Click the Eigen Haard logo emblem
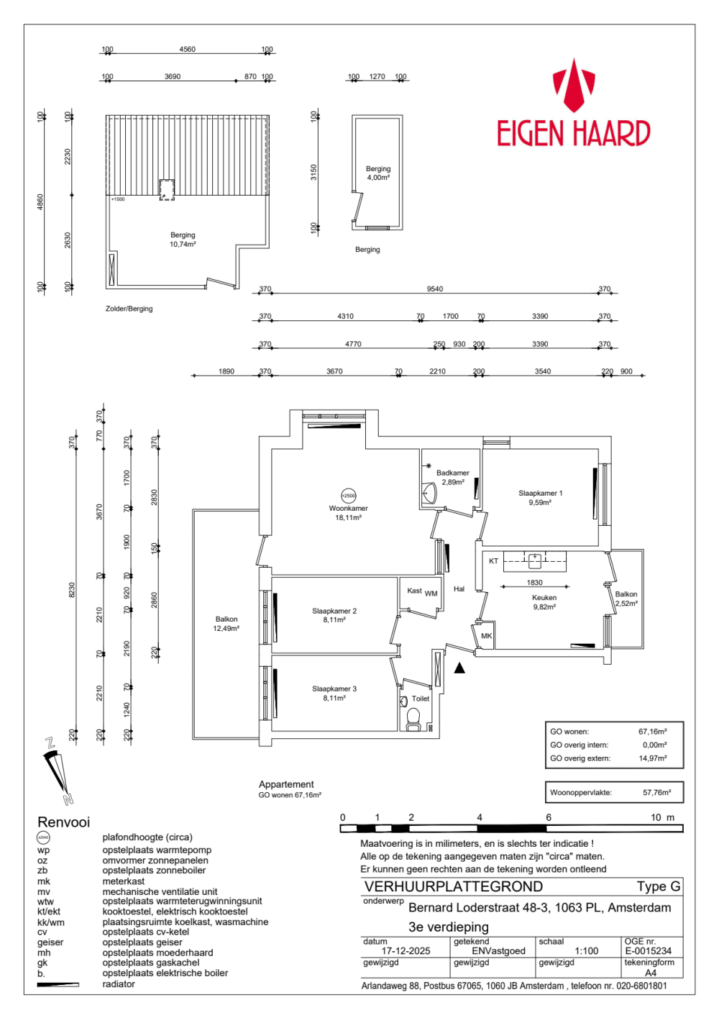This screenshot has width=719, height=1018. pyautogui.click(x=573, y=86)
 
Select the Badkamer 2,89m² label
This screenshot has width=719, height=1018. pyautogui.click(x=452, y=478)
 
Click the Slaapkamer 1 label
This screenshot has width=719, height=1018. pyautogui.click(x=540, y=498)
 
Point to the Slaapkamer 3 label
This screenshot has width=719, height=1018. pyautogui.click(x=334, y=693)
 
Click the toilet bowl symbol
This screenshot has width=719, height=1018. pyautogui.click(x=413, y=717)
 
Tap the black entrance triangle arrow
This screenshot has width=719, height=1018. pyautogui.click(x=459, y=668)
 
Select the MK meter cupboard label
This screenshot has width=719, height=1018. pyautogui.click(x=486, y=636)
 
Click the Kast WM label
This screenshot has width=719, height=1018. pyautogui.click(x=422, y=592)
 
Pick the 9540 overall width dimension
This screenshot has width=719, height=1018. pyautogui.click(x=434, y=289)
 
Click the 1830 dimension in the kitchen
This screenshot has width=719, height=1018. pyautogui.click(x=534, y=583)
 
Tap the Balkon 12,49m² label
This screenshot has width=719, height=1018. pyautogui.click(x=226, y=624)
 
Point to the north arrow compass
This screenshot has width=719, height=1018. pyautogui.click(x=58, y=771)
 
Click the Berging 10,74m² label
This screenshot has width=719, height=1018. pyautogui.click(x=183, y=240)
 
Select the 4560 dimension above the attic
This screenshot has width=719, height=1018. pyautogui.click(x=187, y=50)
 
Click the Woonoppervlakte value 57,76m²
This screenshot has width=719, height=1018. pyautogui.click(x=656, y=793)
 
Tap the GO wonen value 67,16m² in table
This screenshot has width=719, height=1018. pyautogui.click(x=652, y=732)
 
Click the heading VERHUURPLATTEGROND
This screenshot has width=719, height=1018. pyautogui.click(x=453, y=886)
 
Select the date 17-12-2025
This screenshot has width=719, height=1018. pyautogui.click(x=406, y=950)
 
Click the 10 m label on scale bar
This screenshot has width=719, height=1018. pyautogui.click(x=662, y=817)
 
